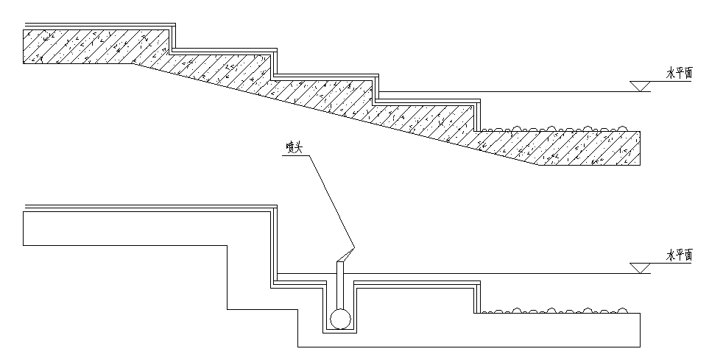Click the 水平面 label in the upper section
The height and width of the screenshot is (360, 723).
[x=680, y=73]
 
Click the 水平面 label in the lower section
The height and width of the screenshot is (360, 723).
[x=680, y=255]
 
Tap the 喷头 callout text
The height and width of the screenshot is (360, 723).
[x=295, y=147]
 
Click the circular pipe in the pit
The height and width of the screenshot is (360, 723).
[x=339, y=319]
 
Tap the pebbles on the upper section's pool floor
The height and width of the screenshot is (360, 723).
[x=552, y=129]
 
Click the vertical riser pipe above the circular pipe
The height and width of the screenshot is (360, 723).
[x=339, y=283]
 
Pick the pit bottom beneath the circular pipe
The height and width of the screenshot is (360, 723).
[x=339, y=331]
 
